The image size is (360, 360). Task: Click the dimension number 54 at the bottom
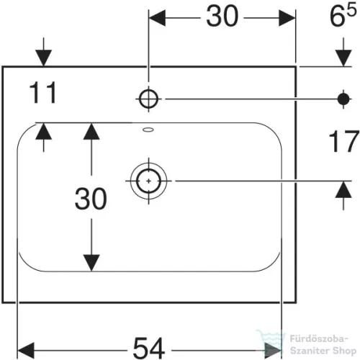tap(149, 348)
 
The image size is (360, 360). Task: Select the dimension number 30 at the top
tap(222, 17)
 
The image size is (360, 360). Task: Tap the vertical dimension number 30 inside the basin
tap(91, 199)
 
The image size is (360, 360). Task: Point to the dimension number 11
tap(42, 92)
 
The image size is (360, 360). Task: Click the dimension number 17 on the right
tap(343, 142)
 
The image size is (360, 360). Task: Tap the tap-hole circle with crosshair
tap(148, 99)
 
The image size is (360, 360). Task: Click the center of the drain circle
tap(148, 181)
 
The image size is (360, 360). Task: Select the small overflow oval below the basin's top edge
tap(148, 130)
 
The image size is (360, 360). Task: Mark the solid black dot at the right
tap(343, 99)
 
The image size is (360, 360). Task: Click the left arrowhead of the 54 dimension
tap(26, 351)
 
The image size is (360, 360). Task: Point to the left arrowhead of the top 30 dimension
tap(157, 18)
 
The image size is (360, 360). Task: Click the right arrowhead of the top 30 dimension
tap(287, 18)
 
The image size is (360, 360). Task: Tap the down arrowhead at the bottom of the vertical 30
tap(91, 263)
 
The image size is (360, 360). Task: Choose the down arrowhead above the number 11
tap(43, 58)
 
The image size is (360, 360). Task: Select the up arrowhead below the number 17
tap(343, 189)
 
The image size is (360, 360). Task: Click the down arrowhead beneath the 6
tap(343, 58)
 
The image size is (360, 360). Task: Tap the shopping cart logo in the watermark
tap(271, 339)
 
